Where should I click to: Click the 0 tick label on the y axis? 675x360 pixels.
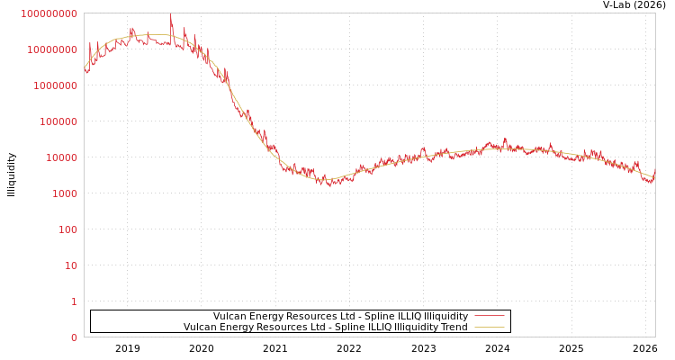pyautogui.click(x=74, y=337)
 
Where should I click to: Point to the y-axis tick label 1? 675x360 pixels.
pyautogui.click(x=74, y=301)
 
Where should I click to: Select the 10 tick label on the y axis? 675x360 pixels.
pyautogui.click(x=71, y=265)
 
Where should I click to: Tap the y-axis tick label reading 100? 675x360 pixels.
pyautogui.click(x=68, y=229)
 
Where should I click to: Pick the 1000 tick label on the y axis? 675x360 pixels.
pyautogui.click(x=66, y=193)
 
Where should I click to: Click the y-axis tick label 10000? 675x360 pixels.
pyautogui.click(x=63, y=157)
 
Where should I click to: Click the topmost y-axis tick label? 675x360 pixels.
pyautogui.click(x=49, y=13)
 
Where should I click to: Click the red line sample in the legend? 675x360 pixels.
pyautogui.click(x=489, y=316)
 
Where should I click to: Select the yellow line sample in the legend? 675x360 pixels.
pyautogui.click(x=489, y=327)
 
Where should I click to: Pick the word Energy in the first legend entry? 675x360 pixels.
pyautogui.click(x=265, y=316)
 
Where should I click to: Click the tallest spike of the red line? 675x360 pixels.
pyautogui.click(x=171, y=15)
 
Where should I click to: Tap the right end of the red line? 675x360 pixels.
pyautogui.click(x=654, y=169)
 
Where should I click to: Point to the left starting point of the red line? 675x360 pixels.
pyautogui.click(x=85, y=68)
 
